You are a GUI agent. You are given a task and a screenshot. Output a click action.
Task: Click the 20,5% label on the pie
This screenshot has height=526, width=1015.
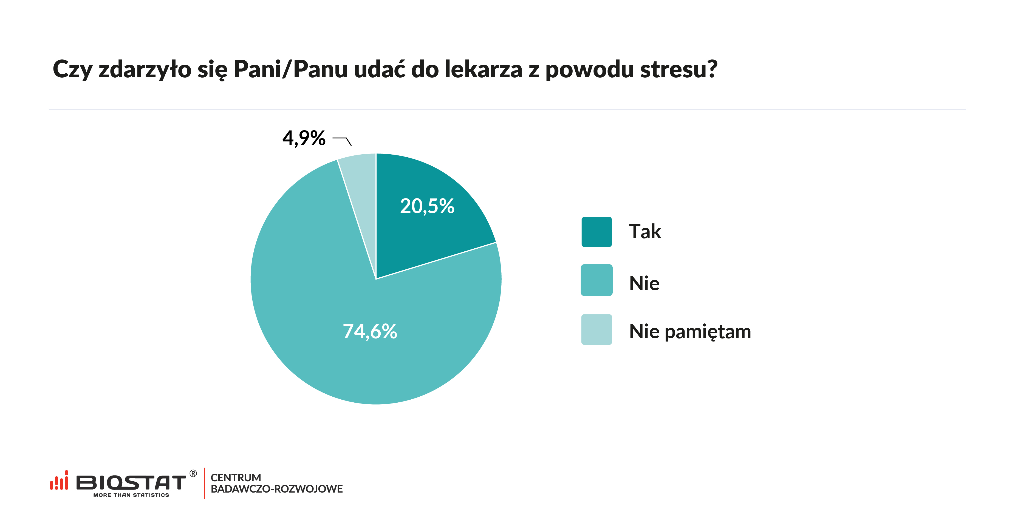[x=427, y=206]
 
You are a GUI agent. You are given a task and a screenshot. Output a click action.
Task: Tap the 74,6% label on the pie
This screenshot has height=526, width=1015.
[x=370, y=331]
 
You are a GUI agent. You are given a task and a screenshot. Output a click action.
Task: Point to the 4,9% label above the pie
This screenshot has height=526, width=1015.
[x=304, y=138]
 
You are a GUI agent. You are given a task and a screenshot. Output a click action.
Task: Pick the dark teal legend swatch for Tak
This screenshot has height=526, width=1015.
[x=596, y=232]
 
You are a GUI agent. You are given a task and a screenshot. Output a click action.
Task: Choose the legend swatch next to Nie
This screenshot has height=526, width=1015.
[x=596, y=280]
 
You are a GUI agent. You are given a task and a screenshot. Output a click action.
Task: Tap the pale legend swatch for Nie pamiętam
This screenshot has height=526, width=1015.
[x=596, y=329]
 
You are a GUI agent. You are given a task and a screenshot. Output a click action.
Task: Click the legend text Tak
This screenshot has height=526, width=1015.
[x=644, y=232]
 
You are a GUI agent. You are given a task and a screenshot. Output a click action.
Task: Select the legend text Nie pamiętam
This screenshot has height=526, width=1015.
[x=689, y=331]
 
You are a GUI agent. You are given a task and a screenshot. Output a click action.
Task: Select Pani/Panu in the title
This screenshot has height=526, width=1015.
[x=290, y=69]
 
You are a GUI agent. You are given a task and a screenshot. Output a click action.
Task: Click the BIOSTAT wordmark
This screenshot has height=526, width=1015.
[x=131, y=482]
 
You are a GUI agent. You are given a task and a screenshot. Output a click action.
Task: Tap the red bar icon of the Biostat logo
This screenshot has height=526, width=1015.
[x=59, y=481]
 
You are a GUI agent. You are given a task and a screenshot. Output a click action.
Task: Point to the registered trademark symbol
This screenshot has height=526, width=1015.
[x=193, y=474]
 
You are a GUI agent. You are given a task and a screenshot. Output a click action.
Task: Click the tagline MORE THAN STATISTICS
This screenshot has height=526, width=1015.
[x=131, y=495]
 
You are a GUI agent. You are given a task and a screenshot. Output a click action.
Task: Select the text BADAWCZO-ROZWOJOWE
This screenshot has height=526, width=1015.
[x=277, y=489]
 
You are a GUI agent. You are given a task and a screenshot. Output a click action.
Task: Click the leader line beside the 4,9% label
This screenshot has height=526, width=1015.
[x=342, y=140]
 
